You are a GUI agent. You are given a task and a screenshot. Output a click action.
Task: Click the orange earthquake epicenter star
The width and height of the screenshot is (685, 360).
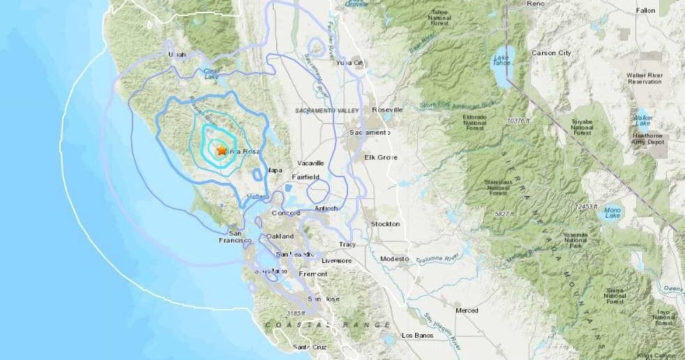pyautogui.click(x=222, y=150)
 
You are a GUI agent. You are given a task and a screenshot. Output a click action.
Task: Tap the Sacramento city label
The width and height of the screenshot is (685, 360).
pyautogui.click(x=370, y=132)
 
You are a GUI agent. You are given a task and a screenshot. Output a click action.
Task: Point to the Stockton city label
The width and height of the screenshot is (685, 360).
pyautogui.click(x=386, y=224)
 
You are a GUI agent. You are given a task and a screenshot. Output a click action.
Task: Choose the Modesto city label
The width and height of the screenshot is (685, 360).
pyautogui.click(x=394, y=258)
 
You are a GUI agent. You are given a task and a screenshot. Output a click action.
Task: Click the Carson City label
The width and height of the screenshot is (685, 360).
pyautogui.click(x=551, y=52)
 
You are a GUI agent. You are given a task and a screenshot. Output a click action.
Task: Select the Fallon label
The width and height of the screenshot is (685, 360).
pyautogui.click(x=646, y=10)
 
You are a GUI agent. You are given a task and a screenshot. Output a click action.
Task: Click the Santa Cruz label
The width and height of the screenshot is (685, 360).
pyautogui.click(x=310, y=347)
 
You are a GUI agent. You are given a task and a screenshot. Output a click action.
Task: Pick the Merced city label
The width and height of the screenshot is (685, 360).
pyautogui.click(x=467, y=310)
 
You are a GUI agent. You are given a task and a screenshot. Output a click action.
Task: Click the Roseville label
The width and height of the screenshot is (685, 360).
pyautogui.click(x=388, y=110)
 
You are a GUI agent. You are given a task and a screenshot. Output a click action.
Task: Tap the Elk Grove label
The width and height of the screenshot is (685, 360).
pyautogui.click(x=381, y=157)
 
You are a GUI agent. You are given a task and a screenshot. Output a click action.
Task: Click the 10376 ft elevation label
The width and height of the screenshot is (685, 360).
pyautogui.click(x=520, y=121)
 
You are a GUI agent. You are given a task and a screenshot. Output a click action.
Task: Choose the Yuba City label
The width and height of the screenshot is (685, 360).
pyautogui.click(x=350, y=63)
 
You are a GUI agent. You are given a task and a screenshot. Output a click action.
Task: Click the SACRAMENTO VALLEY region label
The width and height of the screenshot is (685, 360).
pyautogui.click(x=326, y=111)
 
